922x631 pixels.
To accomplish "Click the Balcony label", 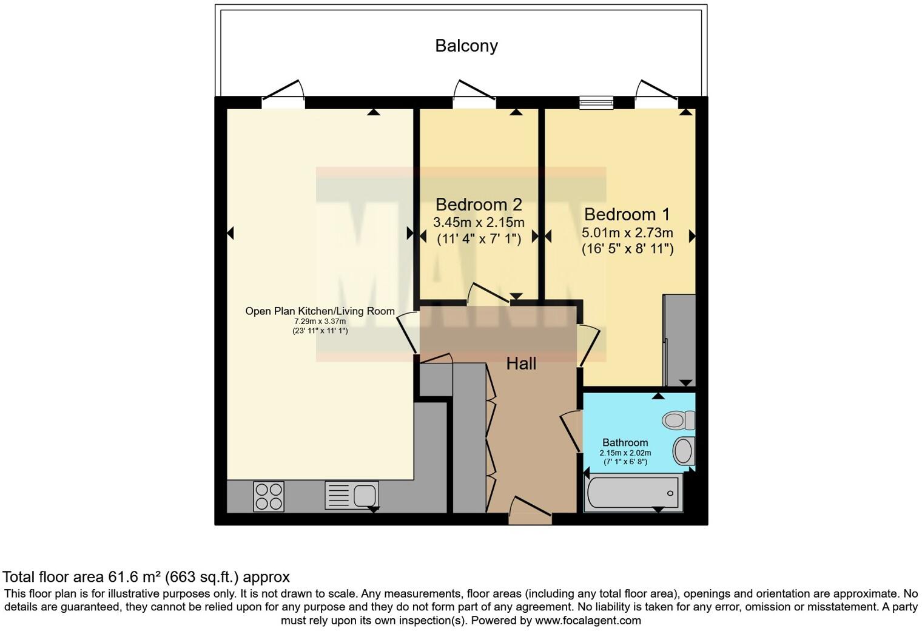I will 466,46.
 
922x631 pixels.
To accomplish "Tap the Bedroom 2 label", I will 479,204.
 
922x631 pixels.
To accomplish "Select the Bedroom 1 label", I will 627,214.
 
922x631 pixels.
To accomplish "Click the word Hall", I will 521,363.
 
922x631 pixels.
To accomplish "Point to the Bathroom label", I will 625,442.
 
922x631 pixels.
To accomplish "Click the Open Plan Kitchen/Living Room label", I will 320,311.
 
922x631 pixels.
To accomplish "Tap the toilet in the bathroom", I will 678,419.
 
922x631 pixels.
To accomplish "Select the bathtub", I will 632,492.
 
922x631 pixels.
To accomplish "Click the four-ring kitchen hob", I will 269,496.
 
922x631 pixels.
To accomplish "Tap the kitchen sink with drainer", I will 352,495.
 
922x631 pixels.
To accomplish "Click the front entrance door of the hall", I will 530,513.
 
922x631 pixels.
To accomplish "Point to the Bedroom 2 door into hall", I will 488,293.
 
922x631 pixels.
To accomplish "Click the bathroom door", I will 570,431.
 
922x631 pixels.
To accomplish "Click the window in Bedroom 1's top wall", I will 596,103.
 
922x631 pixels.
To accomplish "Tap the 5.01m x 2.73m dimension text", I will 627,232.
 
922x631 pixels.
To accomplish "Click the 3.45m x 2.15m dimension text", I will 479,222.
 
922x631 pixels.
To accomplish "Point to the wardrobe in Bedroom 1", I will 679,340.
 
